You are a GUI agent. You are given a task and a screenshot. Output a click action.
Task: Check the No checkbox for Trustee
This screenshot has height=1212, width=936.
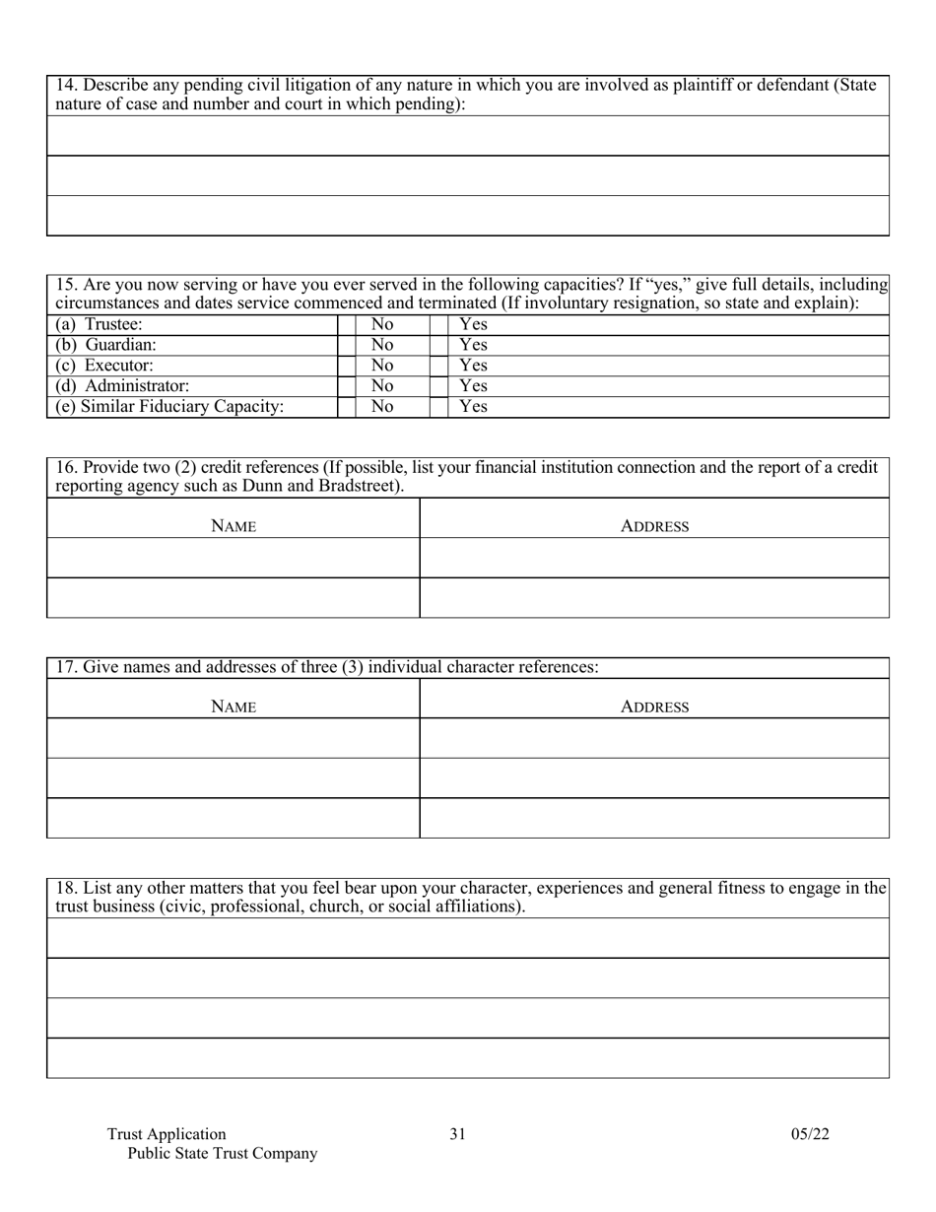[347, 324]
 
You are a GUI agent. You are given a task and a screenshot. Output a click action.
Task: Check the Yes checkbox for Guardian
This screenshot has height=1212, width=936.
[438, 345]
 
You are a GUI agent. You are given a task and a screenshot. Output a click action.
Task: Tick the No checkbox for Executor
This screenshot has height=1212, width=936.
[347, 366]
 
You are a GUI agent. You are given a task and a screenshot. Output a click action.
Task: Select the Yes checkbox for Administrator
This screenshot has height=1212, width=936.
[438, 386]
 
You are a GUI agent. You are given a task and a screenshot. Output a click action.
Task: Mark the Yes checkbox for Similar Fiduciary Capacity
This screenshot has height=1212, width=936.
[438, 407]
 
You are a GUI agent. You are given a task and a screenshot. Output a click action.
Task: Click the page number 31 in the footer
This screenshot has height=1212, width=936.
[457, 1134]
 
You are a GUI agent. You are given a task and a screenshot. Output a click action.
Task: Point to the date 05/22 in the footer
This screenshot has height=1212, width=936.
[810, 1134]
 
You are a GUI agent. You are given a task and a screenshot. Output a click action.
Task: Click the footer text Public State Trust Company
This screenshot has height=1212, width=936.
[223, 1154]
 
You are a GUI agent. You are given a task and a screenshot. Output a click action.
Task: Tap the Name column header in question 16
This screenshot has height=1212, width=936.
[234, 527]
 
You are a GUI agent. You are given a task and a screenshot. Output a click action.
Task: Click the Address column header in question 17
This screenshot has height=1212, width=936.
[654, 707]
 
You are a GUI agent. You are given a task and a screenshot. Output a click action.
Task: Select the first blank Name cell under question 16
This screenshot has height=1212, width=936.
[234, 558]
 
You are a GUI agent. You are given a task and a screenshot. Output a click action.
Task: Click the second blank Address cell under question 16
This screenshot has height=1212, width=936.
[654, 597]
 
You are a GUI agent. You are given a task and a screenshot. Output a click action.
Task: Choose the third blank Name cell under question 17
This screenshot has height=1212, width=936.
[234, 818]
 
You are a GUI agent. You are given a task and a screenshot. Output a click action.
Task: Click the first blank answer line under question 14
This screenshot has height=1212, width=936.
[468, 136]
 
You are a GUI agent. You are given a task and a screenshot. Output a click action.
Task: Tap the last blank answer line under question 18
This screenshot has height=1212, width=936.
[468, 1058]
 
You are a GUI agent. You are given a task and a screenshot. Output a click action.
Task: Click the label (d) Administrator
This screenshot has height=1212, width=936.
[123, 386]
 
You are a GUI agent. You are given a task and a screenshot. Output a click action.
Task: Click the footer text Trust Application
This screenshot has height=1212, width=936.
[167, 1134]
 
